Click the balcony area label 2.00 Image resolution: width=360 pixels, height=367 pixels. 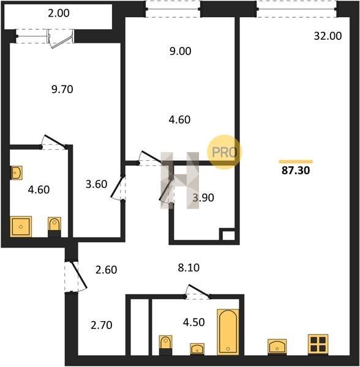(x=59, y=13)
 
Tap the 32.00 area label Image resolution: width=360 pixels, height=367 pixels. (x=328, y=36)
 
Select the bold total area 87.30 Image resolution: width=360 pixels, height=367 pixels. (x=296, y=171)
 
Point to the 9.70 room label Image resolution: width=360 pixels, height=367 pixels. (x=62, y=89)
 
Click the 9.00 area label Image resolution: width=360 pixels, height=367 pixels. (x=181, y=51)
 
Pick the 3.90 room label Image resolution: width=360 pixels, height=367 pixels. (x=203, y=198)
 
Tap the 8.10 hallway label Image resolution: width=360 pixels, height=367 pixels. (x=189, y=267)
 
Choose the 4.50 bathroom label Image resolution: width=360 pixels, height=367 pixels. (x=193, y=322)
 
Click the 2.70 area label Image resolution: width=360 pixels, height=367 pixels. (x=102, y=325)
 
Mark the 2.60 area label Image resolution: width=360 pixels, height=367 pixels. (x=106, y=270)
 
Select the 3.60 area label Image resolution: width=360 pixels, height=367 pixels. (x=96, y=184)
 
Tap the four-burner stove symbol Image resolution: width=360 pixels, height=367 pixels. (x=318, y=344)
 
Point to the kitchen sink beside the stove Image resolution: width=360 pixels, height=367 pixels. (x=277, y=346)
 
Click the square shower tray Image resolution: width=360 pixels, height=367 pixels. (x=21, y=226)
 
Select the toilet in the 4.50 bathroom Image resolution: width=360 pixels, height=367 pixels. (x=165, y=345)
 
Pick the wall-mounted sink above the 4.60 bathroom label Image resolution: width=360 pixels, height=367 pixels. (x=17, y=172)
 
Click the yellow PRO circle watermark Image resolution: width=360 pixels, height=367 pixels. (x=224, y=152)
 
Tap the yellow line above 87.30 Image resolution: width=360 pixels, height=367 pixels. (x=296, y=161)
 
